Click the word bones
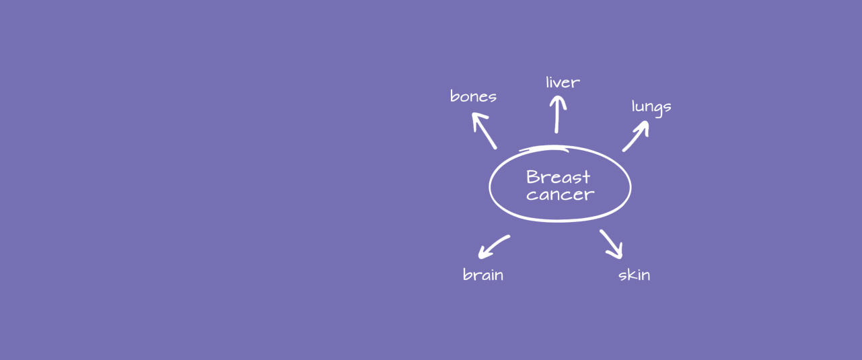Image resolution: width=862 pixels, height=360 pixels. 473,96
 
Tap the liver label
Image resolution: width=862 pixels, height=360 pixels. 563,82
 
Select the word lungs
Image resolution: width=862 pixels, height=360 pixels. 651,107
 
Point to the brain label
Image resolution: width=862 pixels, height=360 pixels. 483,275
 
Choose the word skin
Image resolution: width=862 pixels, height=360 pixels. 634,275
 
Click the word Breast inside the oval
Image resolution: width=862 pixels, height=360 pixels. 558,177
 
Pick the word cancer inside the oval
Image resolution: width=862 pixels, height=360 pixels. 561,194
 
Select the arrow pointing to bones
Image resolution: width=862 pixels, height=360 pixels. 484,130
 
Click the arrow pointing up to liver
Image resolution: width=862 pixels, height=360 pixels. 557,114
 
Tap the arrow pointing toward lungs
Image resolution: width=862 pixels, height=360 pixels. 636,136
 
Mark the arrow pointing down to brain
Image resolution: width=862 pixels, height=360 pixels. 494,246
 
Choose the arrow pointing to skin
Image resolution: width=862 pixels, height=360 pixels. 611,244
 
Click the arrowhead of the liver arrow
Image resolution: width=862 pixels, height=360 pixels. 558,101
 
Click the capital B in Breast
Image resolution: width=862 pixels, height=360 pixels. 532,177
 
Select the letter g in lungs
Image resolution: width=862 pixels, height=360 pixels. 658,109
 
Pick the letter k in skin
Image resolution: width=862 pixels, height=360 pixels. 631,275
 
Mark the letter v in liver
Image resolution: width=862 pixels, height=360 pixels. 559,84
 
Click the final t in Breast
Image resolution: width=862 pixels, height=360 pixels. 586,177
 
